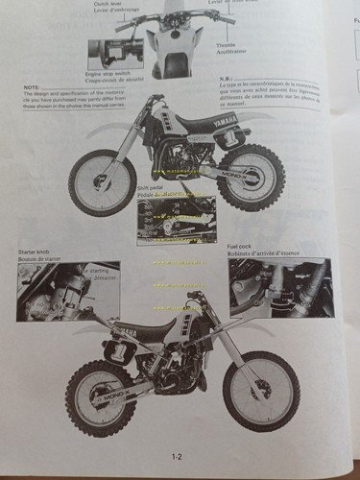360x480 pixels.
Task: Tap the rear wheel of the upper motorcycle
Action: coord(251,177)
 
